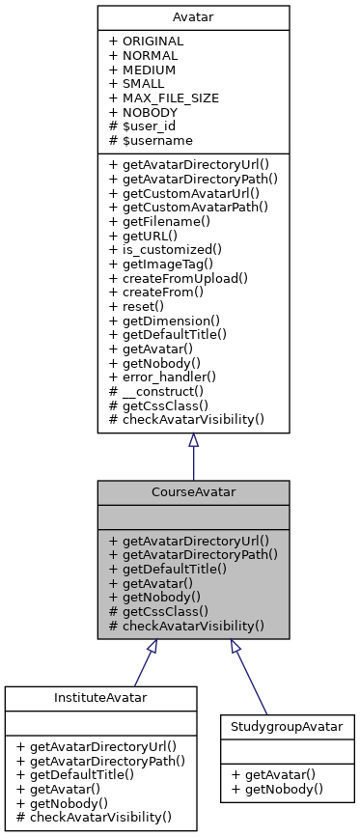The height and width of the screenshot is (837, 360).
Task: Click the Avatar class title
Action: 193,17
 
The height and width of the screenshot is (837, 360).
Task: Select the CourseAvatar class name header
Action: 193,492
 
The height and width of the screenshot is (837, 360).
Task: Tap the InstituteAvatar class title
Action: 100,698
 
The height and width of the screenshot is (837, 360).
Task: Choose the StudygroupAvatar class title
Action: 287,724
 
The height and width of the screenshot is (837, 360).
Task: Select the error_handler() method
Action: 163,376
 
